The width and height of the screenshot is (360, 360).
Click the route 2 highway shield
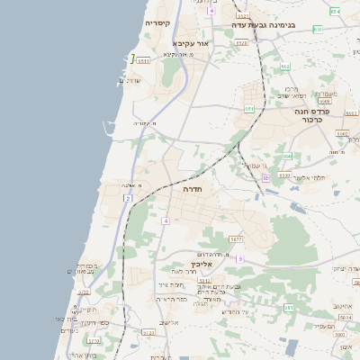click(128, 197)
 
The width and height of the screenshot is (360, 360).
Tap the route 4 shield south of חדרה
click(166, 220)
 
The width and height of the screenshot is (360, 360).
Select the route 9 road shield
click(240, 259)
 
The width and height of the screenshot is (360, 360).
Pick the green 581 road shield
click(289, 308)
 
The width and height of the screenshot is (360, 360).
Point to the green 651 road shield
click(249, 109)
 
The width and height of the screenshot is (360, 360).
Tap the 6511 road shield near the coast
click(144, 59)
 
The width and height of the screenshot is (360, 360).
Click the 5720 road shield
click(85, 292)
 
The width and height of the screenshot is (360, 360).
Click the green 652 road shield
click(284, 67)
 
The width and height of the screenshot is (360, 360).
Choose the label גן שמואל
click(252, 166)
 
